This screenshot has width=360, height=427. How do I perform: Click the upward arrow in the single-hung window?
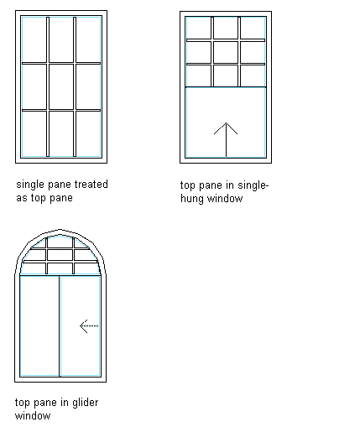tap(226, 140)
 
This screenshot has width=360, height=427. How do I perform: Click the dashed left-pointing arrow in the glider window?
tap(89, 326)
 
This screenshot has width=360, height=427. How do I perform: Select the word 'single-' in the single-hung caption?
tap(253, 185)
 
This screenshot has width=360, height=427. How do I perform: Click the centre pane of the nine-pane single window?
tap(61, 86)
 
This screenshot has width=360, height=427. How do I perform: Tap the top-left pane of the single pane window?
tap(34, 39)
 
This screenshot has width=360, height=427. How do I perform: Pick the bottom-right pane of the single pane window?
tap(88, 133)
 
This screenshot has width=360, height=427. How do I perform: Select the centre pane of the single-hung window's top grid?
tap(226, 52)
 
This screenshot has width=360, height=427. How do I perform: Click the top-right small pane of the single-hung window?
tap(253, 28)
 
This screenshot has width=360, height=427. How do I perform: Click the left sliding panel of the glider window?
tap(39, 326)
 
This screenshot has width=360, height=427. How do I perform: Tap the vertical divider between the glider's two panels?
tap(60, 326)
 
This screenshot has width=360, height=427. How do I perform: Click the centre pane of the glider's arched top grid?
tap(60, 255)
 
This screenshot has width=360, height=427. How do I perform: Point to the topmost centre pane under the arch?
tap(60, 242)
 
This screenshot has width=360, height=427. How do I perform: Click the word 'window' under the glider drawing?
tap(33, 416)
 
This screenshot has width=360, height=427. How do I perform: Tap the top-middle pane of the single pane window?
tap(61, 39)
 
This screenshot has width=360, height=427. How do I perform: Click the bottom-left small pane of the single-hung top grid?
tap(199, 76)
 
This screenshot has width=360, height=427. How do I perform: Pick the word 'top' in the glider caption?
tap(23, 404)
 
